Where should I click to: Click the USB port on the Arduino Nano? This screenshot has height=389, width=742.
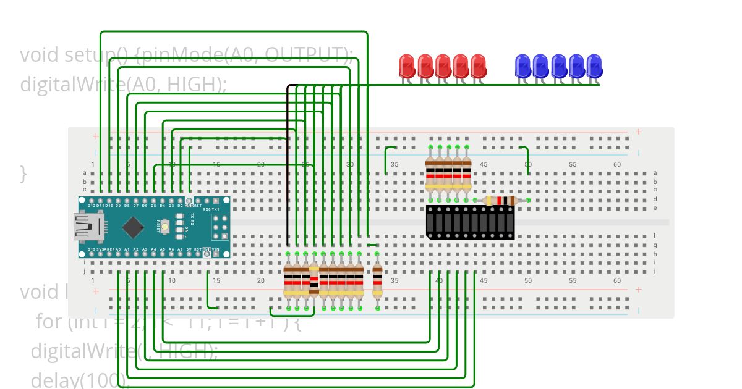click(87, 227)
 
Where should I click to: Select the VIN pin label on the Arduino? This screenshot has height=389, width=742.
click(215, 249)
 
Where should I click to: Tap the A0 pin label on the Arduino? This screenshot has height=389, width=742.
click(117, 249)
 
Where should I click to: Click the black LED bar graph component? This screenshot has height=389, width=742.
click(470, 222)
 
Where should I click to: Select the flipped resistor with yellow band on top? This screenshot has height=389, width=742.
click(314, 281)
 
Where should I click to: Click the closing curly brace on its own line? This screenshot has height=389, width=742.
click(23, 174)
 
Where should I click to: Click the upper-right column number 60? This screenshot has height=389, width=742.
click(617, 165)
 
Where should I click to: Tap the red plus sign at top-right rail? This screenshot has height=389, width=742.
click(639, 132)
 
